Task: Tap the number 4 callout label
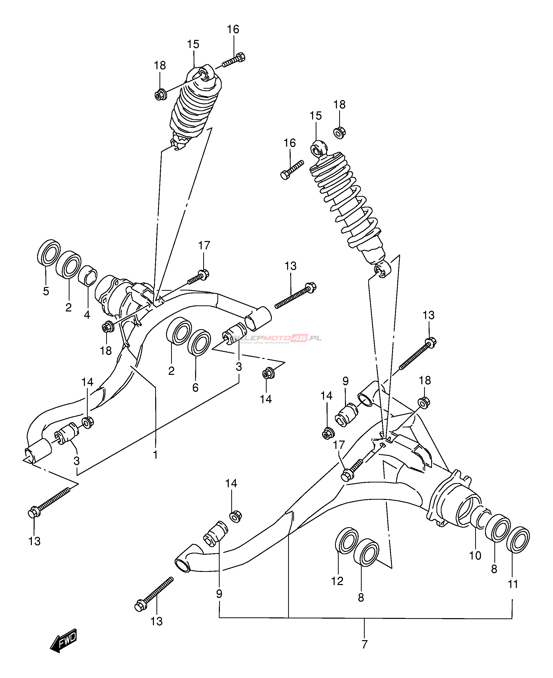87,315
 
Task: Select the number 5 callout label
46,291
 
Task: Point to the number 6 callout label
195,388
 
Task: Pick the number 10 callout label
475,555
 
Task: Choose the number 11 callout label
513,584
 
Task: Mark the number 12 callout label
337,581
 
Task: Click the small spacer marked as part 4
88,275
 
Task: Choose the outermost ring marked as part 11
518,540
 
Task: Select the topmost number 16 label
233,29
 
